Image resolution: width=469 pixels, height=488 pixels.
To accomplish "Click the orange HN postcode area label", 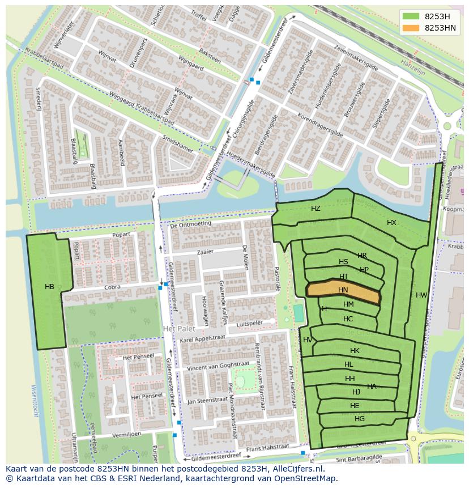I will click(x=343, y=290).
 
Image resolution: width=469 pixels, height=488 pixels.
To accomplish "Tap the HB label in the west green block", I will click(x=50, y=287).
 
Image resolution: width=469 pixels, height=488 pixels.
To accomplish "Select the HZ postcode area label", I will click(x=315, y=209).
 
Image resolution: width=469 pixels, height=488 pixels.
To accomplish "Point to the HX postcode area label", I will click(x=391, y=223).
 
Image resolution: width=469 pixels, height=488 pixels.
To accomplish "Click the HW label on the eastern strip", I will click(x=421, y=295).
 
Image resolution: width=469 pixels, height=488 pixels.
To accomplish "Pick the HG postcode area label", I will click(x=360, y=419).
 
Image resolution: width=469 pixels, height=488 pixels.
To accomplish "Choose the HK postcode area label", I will click(x=355, y=351).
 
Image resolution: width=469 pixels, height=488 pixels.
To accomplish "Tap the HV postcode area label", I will click(x=308, y=340).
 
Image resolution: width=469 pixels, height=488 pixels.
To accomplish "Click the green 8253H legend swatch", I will click(x=411, y=16).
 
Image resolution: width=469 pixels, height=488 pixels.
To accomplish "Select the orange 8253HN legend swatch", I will click(x=411, y=28).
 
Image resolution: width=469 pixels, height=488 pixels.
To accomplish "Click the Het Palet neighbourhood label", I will click(x=178, y=329).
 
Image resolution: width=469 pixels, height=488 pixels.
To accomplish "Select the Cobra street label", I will click(x=113, y=287).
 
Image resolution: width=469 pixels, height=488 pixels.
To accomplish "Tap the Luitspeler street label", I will click(x=250, y=322).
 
